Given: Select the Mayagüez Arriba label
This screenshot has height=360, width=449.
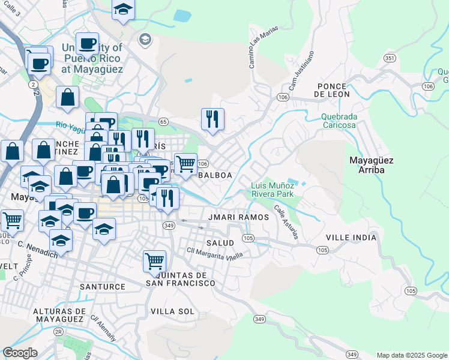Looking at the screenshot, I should tap(372, 165).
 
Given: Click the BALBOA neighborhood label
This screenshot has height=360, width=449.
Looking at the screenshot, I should tap(214, 175).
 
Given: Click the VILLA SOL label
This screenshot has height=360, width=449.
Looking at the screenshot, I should tap(172, 311).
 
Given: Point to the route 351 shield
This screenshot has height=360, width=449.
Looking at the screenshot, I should tap(390, 58).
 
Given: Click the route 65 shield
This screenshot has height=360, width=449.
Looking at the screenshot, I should tap(163, 121).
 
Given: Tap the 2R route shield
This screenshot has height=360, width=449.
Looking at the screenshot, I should tap(58, 331).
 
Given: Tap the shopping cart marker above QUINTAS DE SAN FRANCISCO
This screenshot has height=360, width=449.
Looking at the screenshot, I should tap(155, 262).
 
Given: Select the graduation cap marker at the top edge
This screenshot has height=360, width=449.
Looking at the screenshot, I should tap(123, 9).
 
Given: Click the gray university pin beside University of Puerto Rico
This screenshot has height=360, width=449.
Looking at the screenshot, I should tap(144, 40).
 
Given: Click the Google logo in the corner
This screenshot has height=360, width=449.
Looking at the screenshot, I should tap(20, 353).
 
